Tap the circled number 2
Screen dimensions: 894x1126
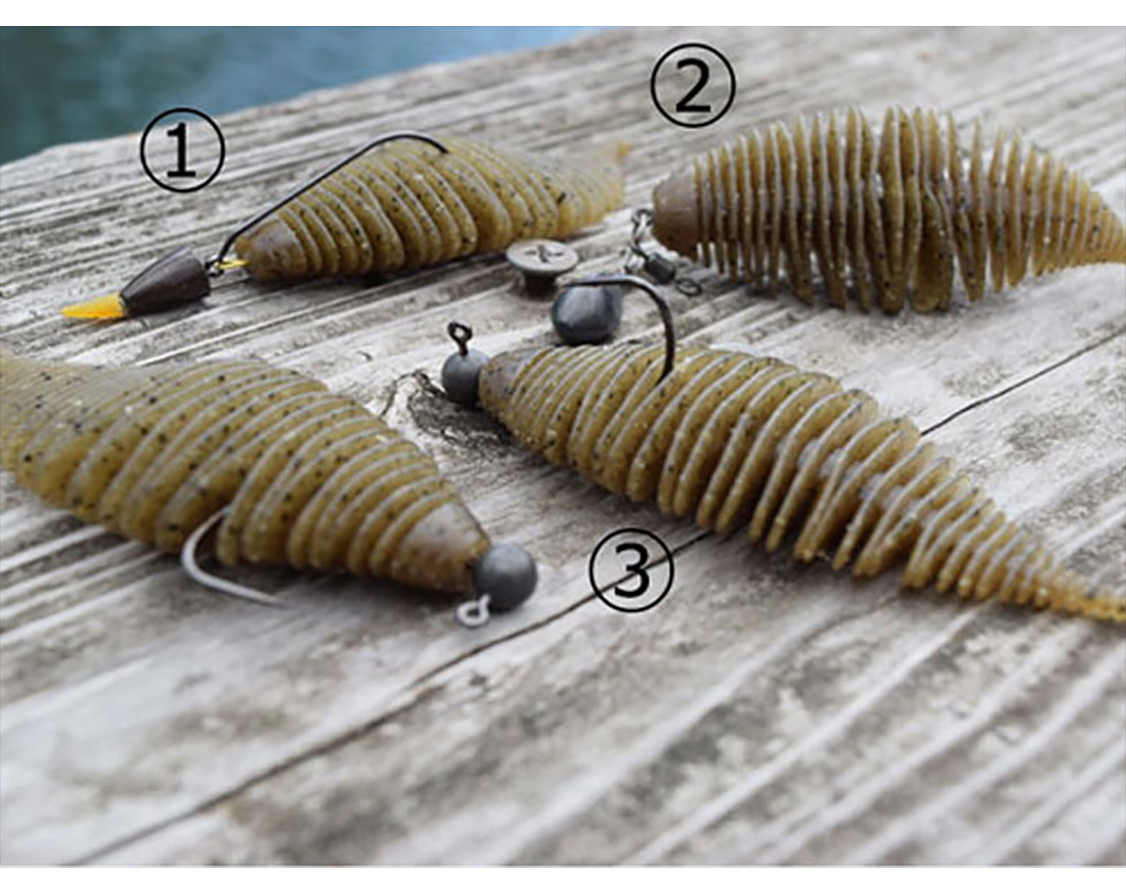pos(692,85)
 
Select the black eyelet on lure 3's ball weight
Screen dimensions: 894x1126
pos(457,333)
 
